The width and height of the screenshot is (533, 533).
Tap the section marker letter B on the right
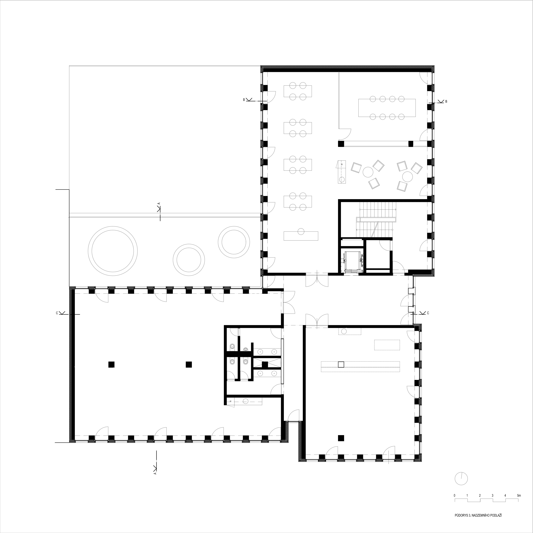pyautogui.click(x=446, y=102)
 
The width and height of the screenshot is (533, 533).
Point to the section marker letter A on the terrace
pyautogui.click(x=159, y=203)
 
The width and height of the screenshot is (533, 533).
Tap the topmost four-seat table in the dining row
pyautogui.click(x=298, y=91)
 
